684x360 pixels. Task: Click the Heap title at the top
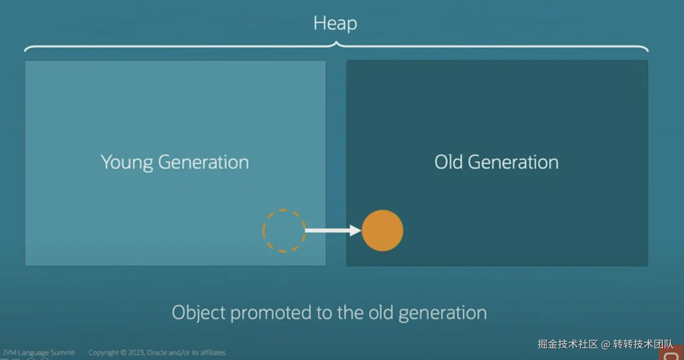[335, 24]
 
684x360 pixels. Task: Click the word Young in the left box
[127, 163]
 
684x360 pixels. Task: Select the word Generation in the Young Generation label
[203, 162]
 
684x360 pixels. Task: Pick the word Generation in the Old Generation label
[513, 162]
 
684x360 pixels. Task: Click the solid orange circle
[382, 231]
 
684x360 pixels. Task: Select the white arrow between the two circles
[333, 230]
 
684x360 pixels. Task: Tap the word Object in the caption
[198, 313]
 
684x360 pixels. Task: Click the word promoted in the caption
[271, 313]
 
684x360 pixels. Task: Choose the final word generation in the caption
[443, 314]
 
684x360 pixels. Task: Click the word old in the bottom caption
[381, 313]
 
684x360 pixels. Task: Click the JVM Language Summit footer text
[39, 353]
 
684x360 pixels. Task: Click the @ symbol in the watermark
[606, 345]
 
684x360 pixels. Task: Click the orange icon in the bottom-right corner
[671, 353]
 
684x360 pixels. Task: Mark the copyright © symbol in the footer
[123, 353]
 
